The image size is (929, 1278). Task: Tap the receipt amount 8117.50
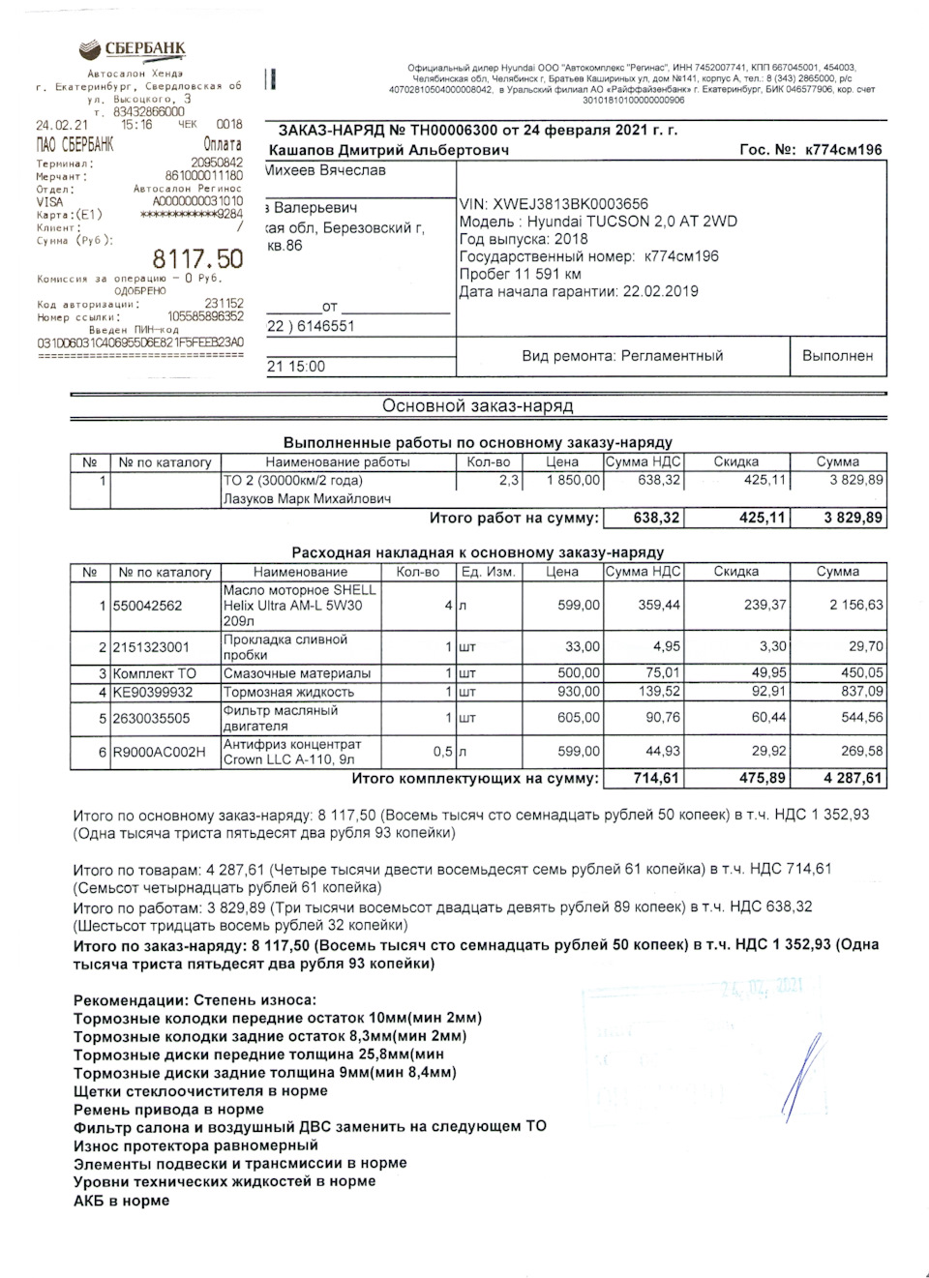(197, 259)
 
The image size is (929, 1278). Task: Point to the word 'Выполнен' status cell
(837, 356)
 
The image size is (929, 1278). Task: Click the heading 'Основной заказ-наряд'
(477, 406)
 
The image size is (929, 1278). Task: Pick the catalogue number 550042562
(147, 606)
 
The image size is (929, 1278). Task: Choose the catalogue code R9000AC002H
(159, 752)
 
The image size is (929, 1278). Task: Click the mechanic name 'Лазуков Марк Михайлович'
(307, 499)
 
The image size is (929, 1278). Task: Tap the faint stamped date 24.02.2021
(762, 987)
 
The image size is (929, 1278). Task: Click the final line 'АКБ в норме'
(121, 1201)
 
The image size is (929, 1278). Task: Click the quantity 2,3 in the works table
(508, 480)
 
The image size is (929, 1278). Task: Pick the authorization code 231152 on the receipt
(224, 303)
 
